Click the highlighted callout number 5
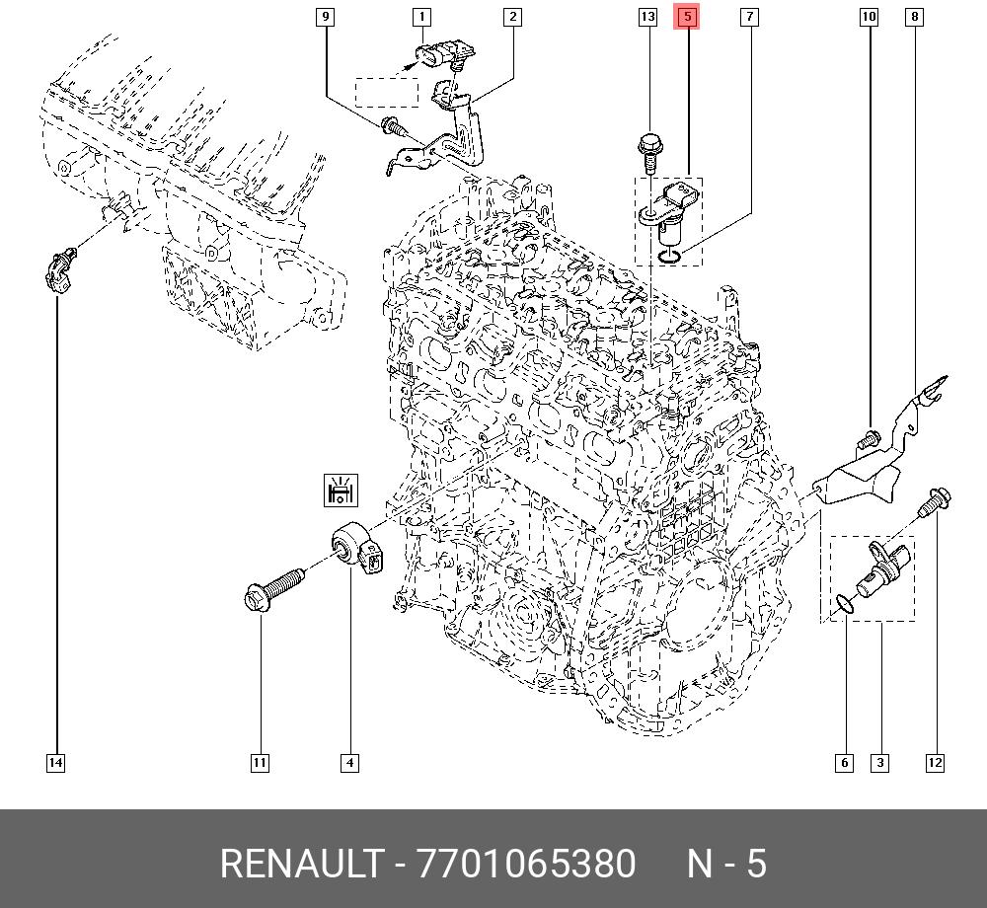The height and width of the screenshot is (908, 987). (x=687, y=17)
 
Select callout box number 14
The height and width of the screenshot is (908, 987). (x=56, y=763)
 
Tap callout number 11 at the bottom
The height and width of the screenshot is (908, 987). (x=260, y=763)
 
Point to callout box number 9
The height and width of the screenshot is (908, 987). (x=325, y=17)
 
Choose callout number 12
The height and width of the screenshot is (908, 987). (x=935, y=763)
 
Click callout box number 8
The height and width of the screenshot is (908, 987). (x=914, y=17)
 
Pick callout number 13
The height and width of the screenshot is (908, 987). (x=647, y=17)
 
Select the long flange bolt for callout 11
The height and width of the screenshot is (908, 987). (x=273, y=587)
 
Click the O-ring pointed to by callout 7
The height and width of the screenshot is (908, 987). (x=669, y=256)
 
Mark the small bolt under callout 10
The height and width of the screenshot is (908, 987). (x=868, y=438)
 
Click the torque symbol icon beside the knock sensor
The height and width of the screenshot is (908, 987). (x=341, y=491)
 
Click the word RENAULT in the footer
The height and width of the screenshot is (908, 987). (x=301, y=864)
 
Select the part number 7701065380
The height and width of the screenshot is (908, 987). (x=526, y=864)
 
